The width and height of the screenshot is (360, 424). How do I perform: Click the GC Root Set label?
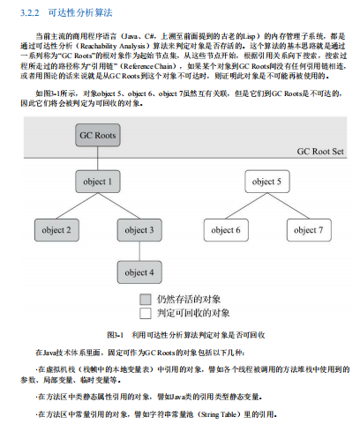322,152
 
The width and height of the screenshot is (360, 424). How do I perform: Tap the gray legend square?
145,299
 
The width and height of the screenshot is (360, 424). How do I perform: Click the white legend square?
145,313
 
